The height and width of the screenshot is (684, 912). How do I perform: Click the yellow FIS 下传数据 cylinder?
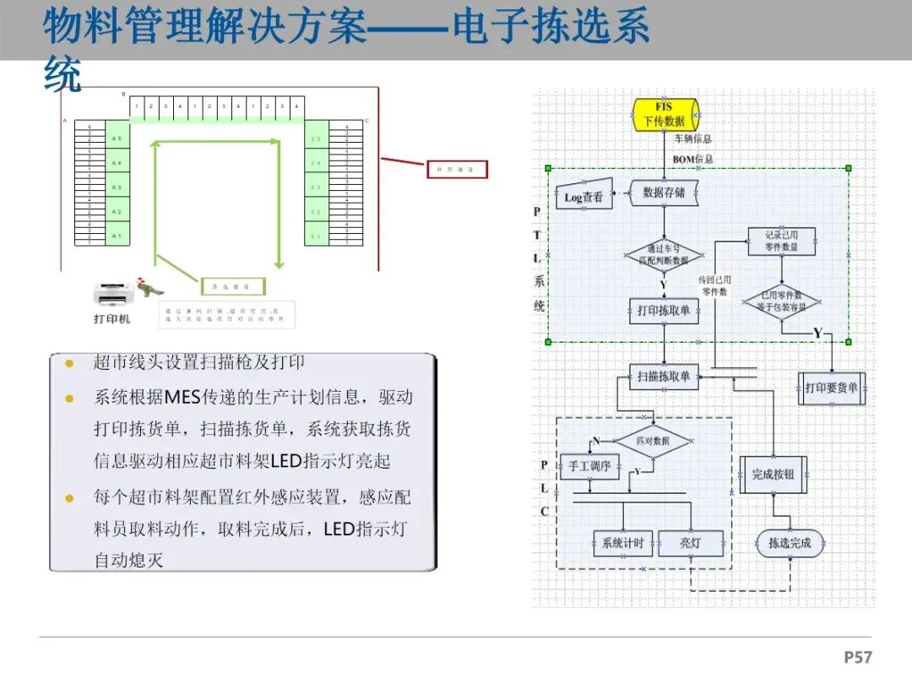coord(665,114)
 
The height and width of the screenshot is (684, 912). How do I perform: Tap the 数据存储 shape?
coord(665,193)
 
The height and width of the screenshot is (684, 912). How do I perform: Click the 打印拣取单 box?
coord(664,311)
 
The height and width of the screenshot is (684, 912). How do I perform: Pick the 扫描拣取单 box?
coord(665,377)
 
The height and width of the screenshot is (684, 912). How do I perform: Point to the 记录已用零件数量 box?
coord(781,242)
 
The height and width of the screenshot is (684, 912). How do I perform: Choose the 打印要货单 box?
coord(831,388)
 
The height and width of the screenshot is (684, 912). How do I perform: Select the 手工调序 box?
coord(589,466)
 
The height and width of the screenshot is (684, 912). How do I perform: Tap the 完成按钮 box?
coord(774,475)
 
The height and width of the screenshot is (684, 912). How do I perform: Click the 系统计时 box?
coord(622,544)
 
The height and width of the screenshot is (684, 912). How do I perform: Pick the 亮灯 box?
coord(691,544)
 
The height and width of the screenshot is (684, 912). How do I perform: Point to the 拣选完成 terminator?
coord(790,544)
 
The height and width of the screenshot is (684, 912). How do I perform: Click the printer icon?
coord(111,294)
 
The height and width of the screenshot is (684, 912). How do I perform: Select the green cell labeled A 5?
coord(117,138)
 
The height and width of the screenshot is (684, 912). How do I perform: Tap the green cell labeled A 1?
coord(117,236)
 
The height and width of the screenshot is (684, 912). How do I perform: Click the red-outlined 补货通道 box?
coord(457,170)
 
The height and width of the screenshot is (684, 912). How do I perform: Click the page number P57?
coord(858,657)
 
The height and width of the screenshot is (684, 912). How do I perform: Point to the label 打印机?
coord(112,319)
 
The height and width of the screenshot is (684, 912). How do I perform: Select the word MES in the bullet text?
coord(183,397)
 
